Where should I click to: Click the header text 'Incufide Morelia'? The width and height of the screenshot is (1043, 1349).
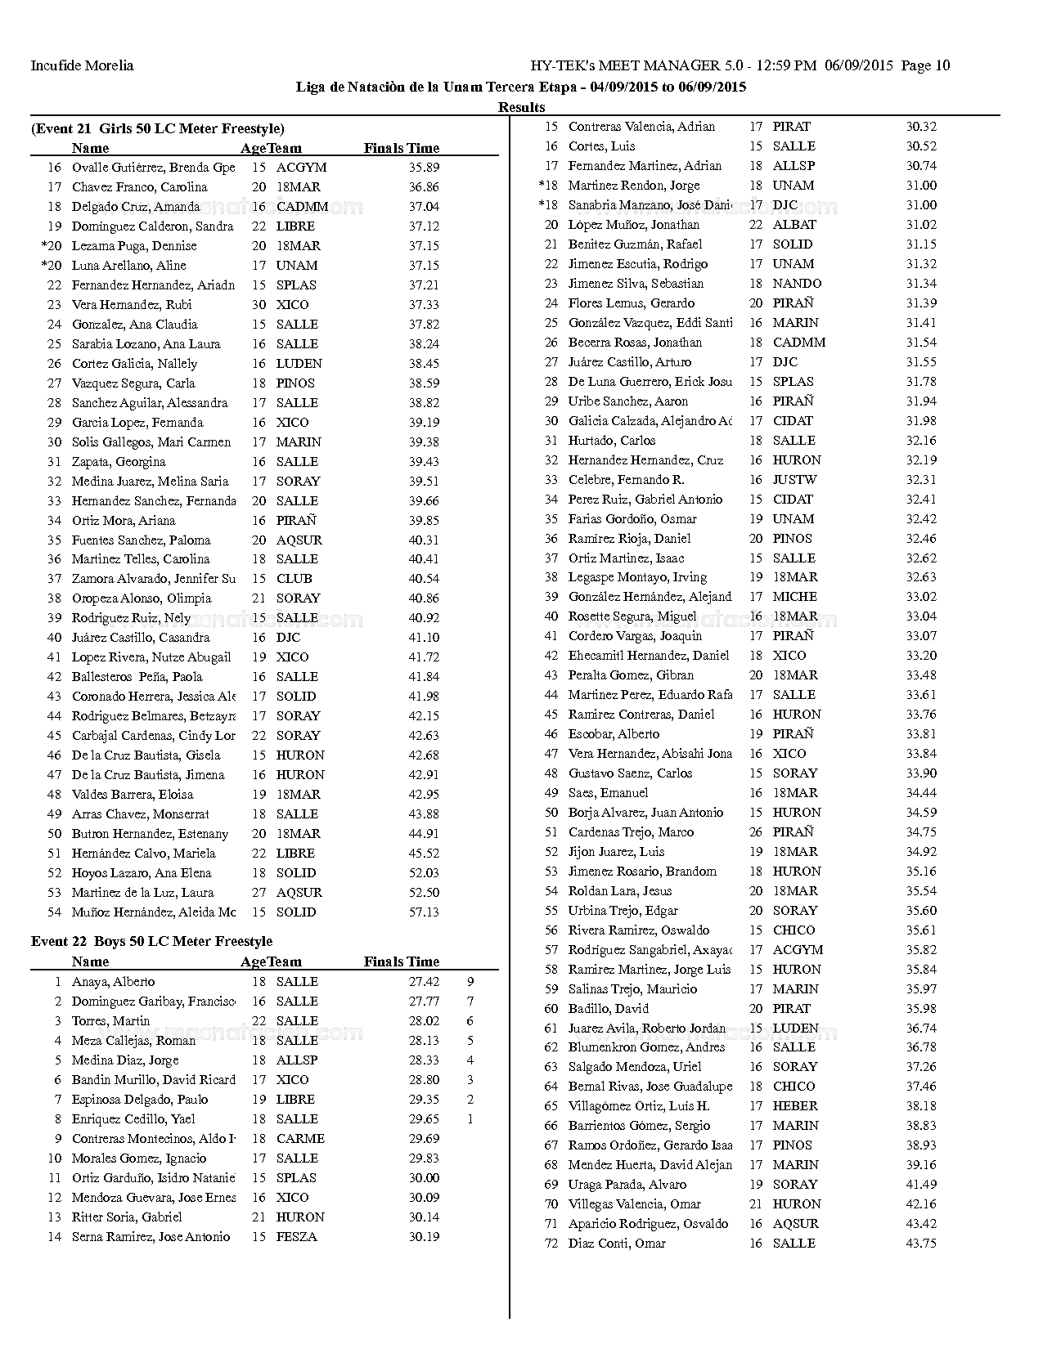coord(82,66)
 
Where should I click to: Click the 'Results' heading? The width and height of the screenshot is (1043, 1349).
coord(521,107)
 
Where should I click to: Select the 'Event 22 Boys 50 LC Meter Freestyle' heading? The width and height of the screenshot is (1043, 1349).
coord(151,942)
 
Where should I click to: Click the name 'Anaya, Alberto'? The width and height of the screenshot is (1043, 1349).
coord(113,982)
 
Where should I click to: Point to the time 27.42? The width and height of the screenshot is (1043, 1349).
coord(424,982)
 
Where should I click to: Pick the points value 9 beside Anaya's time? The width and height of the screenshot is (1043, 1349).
coord(470,982)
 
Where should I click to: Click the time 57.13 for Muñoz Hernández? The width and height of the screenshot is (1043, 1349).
coord(424,912)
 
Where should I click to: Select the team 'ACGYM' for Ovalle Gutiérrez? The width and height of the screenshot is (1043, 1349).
coord(301,168)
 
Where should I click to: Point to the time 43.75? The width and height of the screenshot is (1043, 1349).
coord(921,1244)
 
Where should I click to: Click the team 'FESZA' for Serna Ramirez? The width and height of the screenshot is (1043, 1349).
coord(296,1237)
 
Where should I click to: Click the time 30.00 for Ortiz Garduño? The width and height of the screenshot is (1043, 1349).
coord(424,1178)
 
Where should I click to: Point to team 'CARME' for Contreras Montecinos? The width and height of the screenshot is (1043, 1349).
coord(300,1139)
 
